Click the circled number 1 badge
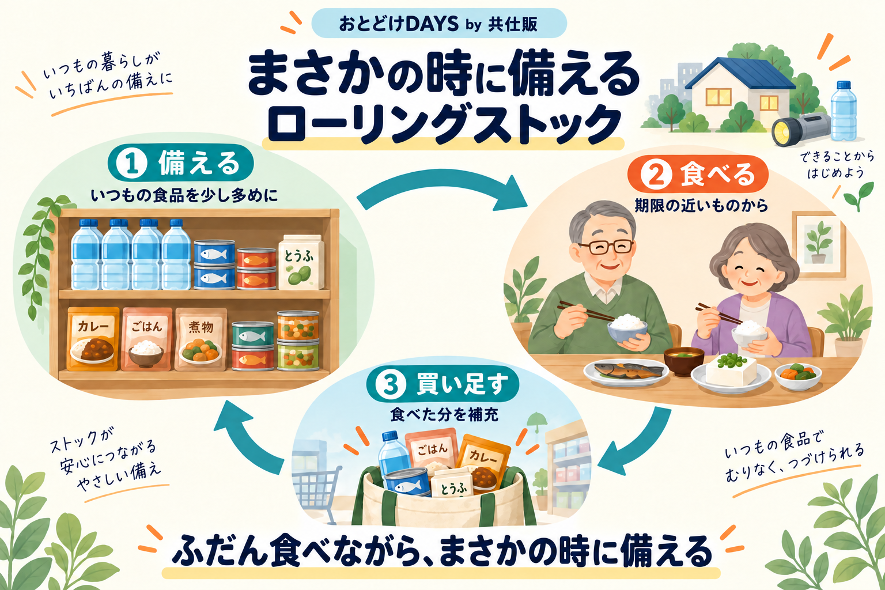pos(132,163)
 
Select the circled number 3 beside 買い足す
pos(391,385)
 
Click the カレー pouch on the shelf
pos(93,339)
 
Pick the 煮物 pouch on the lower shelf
pos(201,339)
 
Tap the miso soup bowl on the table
pos(684,361)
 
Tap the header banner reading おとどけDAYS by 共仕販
pos(438,24)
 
